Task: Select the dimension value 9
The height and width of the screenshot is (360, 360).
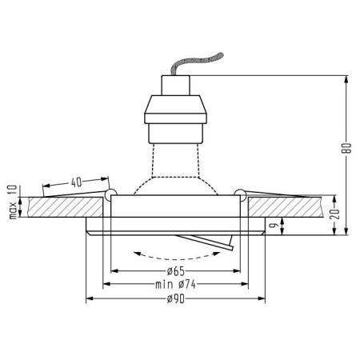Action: tap(272, 226)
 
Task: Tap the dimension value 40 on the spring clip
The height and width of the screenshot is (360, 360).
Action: tap(75, 182)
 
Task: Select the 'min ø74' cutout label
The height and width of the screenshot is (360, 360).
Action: tap(174, 285)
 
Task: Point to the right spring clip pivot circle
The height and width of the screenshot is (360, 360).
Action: tap(238, 193)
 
